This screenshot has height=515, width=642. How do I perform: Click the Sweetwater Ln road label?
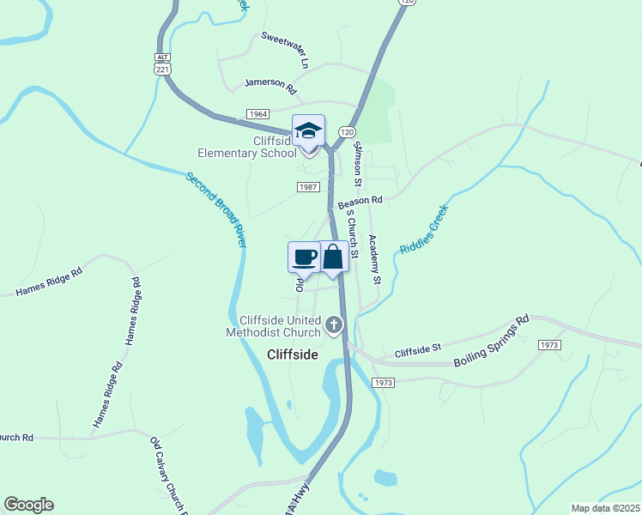click(x=285, y=50)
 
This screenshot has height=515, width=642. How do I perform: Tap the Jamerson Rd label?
click(x=270, y=86)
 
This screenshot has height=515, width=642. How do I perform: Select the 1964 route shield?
click(x=257, y=114)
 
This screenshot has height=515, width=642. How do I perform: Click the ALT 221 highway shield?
click(x=162, y=64)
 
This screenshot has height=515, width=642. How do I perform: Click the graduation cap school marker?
click(x=308, y=131)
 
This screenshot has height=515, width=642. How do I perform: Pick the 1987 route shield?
click(x=309, y=187)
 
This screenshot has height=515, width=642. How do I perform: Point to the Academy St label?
click(x=374, y=259)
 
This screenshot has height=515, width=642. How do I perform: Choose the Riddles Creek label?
click(x=424, y=229)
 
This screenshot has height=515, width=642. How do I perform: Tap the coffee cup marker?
click(x=304, y=257)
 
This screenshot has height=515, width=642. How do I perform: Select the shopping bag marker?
click(x=333, y=257)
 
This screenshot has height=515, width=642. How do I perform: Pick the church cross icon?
click(x=333, y=325)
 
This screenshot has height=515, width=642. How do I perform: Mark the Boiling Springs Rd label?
click(x=491, y=341)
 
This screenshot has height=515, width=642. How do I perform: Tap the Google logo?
click(x=28, y=505)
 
